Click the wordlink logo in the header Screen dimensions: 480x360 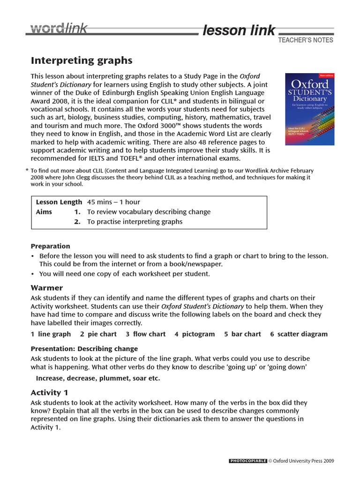59,29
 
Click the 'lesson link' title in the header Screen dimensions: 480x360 239,30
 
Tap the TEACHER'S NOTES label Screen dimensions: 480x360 306,40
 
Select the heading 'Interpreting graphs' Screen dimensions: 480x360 82,60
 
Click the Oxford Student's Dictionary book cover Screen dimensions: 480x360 310,108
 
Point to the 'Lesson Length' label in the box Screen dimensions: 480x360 60,202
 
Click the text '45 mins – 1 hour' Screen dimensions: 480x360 113,202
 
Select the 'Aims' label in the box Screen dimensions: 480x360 44,212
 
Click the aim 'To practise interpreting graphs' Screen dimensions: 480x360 135,222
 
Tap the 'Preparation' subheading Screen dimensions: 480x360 50,246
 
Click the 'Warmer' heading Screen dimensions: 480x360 47,287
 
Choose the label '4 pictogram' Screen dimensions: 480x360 195,334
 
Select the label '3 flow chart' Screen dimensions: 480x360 145,334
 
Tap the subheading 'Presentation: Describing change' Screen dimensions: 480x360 84,349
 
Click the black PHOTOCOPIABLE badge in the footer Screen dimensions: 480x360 248,461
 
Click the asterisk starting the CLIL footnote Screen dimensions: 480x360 27,170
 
